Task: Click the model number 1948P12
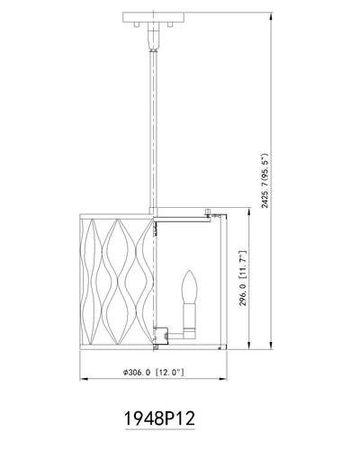pyautogui.click(x=159, y=418)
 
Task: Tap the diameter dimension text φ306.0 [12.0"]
pyautogui.click(x=153, y=373)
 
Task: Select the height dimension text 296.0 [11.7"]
pyautogui.click(x=243, y=279)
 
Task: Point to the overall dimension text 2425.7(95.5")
pyautogui.click(x=266, y=181)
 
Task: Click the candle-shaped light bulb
pyautogui.click(x=190, y=286)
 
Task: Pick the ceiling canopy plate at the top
pyautogui.click(x=153, y=17)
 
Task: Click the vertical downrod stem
pyautogui.click(x=153, y=129)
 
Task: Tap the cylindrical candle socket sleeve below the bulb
pyautogui.click(x=190, y=315)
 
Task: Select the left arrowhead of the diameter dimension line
pyautogui.click(x=84, y=379)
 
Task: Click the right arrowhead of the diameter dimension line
pyautogui.click(x=223, y=379)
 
